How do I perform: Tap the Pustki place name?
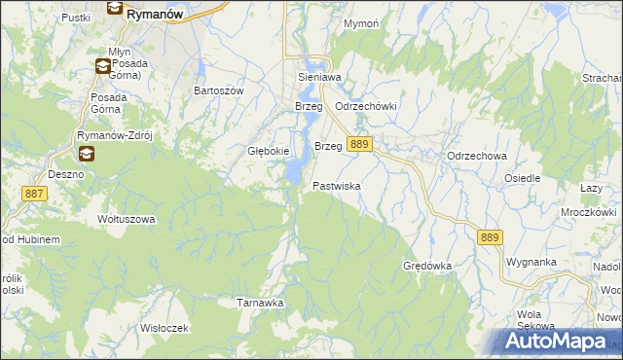75,18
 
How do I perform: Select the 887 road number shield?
34,195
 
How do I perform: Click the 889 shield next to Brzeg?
359,144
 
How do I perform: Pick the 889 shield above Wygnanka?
490,236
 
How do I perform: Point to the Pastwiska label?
337,185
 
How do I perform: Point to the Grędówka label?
427,265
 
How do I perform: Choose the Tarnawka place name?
261,303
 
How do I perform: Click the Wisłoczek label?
164,327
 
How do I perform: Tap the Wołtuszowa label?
127,219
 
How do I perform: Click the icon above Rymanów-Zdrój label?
87,154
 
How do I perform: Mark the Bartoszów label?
218,90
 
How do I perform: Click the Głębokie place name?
267,151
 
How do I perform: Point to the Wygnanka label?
531,262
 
